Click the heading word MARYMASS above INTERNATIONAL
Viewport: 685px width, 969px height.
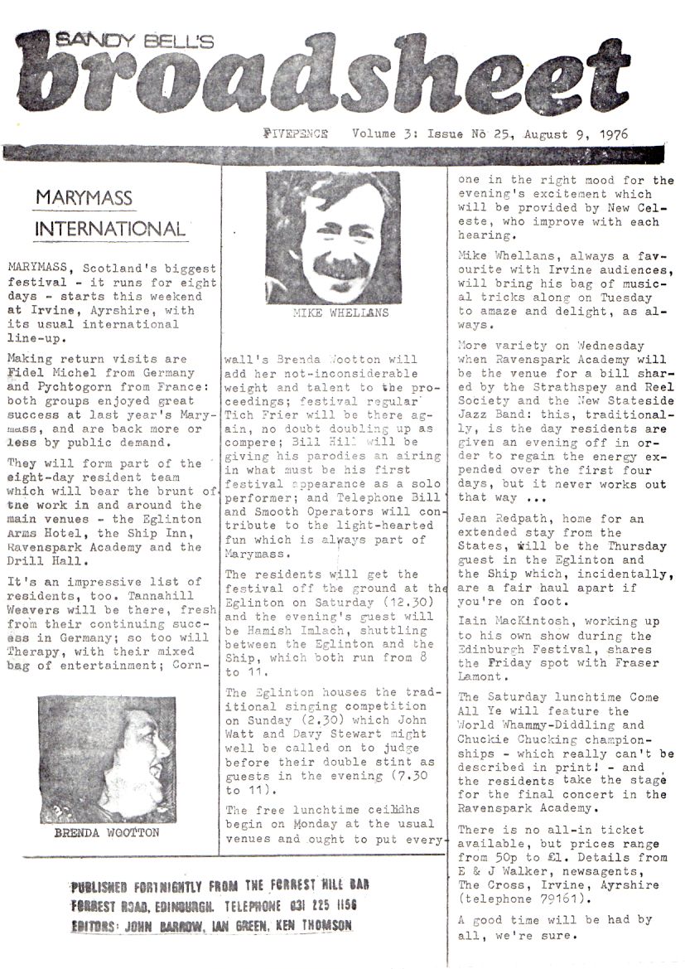coord(84,199)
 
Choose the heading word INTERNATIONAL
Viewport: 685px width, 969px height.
coord(110,228)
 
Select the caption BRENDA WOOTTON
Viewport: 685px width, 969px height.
coord(107,832)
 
